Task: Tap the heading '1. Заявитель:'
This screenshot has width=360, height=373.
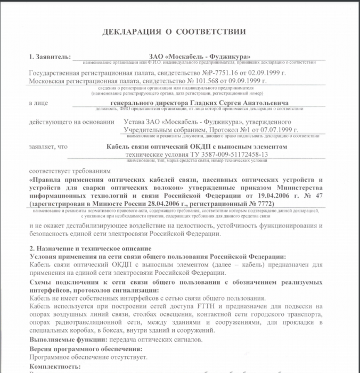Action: [x=48, y=56]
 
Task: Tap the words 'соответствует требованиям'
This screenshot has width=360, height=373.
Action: [x=71, y=172]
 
